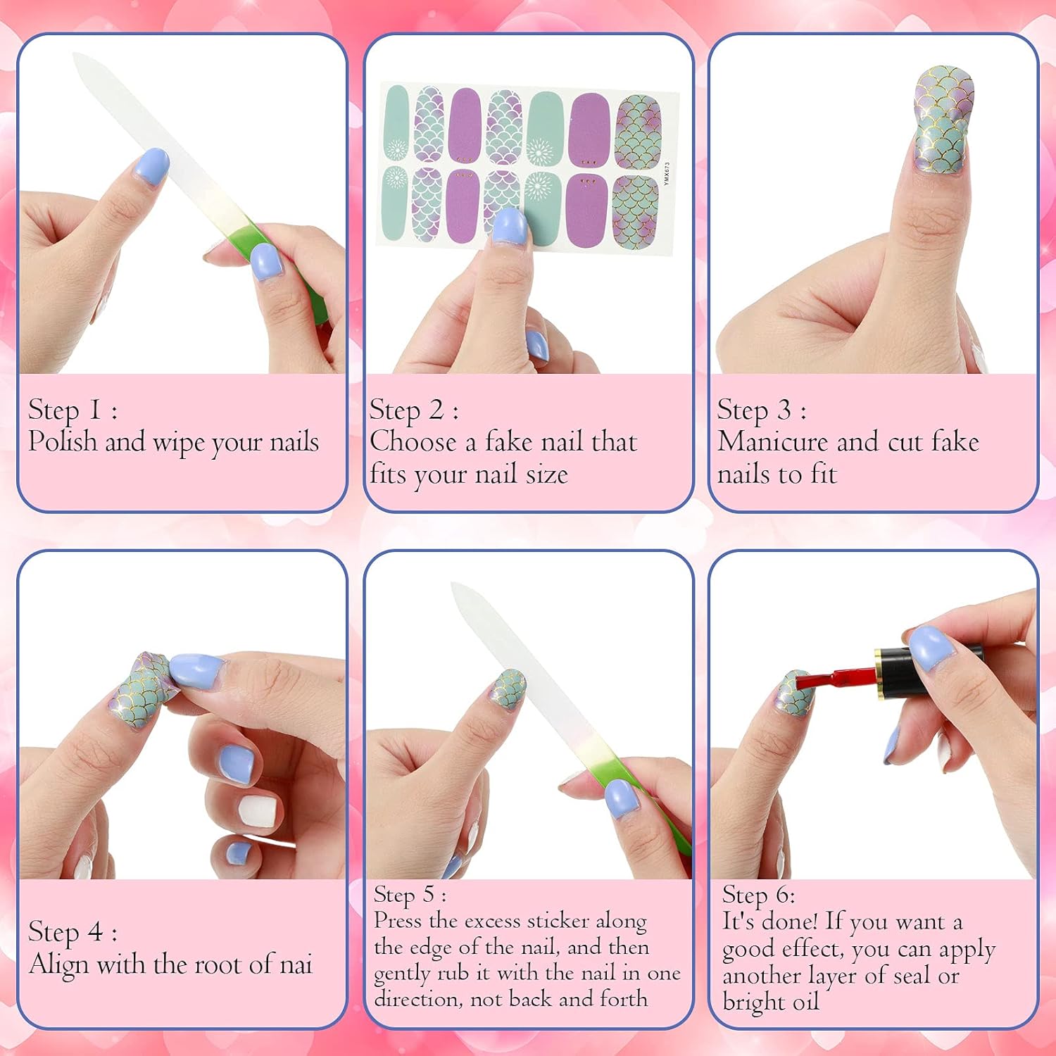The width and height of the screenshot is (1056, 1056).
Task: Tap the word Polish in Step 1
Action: click(63, 442)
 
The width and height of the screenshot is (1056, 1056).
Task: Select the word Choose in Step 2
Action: click(413, 442)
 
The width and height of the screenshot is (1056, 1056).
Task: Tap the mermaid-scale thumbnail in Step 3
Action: click(944, 120)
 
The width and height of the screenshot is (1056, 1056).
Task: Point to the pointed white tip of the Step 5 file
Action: click(455, 586)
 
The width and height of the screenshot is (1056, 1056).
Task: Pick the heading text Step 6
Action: click(758, 895)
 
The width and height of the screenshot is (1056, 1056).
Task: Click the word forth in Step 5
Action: click(623, 998)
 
